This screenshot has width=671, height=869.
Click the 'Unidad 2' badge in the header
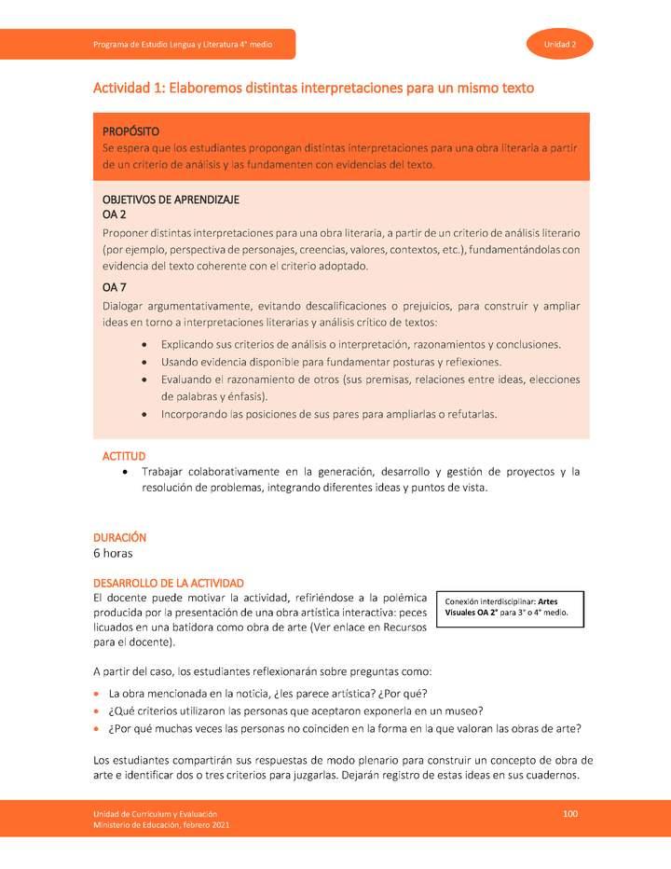560,44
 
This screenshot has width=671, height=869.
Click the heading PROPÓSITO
130,131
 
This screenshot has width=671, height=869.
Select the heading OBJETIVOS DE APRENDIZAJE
171,200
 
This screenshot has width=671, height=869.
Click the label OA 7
116,287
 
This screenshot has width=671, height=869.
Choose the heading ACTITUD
124,456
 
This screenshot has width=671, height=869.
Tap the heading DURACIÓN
120,538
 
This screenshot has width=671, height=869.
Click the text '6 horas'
113,553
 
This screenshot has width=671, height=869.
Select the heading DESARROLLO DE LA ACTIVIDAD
169,582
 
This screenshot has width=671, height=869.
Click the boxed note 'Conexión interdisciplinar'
514,607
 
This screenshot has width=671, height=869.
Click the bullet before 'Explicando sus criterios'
143,344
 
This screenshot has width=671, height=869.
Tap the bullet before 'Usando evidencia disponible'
143,362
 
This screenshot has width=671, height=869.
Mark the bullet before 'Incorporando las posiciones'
143,414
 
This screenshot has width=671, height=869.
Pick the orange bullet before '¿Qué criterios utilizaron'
97,712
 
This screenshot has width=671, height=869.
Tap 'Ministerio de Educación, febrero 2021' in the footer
155,825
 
